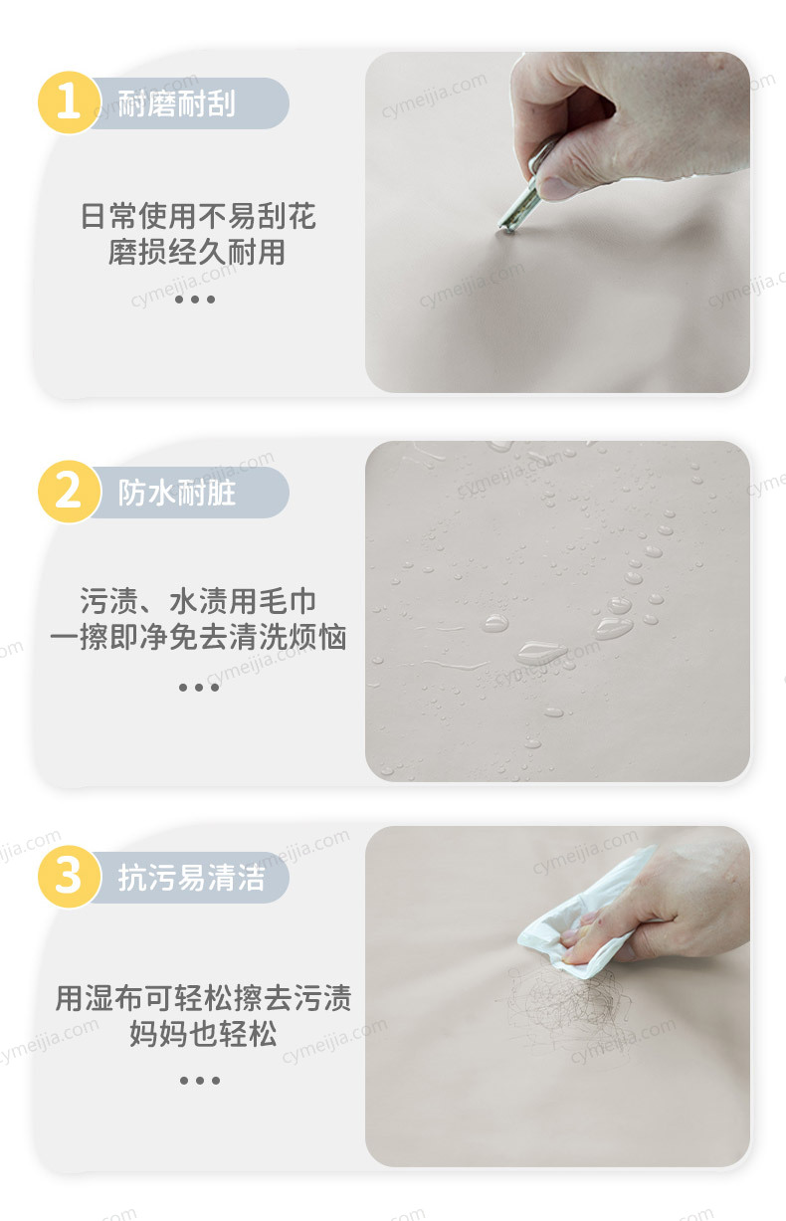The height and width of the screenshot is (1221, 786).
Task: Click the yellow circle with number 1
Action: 69,102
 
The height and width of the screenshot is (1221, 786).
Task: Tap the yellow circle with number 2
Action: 69,492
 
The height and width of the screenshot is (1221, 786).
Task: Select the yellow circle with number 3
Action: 69,877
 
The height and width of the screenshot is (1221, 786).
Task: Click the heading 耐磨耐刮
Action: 177,103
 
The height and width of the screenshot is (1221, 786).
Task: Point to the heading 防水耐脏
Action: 177,493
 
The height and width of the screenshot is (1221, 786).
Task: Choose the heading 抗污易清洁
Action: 191,878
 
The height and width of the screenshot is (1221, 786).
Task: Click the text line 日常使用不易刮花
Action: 198,216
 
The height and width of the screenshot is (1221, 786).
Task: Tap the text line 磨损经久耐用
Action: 197,252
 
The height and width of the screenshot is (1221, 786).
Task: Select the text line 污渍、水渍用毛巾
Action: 198,601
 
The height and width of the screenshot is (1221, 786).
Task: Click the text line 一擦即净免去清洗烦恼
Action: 198,637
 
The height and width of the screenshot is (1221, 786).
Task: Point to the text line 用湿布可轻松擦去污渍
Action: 203,998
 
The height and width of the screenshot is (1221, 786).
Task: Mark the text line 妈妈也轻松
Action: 203,1034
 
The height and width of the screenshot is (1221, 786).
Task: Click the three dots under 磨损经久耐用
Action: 195,299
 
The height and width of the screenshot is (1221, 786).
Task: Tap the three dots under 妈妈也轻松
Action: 200,1080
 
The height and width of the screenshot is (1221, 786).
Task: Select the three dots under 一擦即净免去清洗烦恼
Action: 199,687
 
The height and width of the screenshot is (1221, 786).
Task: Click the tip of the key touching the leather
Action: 505,231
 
